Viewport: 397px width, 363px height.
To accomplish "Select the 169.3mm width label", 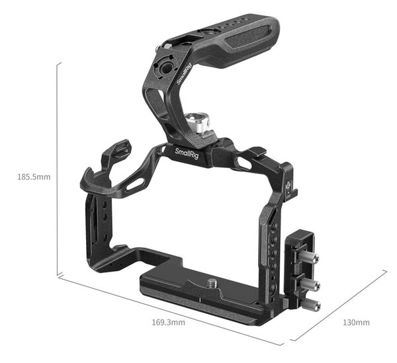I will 169,323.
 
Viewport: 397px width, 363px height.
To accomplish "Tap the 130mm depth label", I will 355,323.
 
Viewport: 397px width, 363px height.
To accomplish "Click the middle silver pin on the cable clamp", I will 311,284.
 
